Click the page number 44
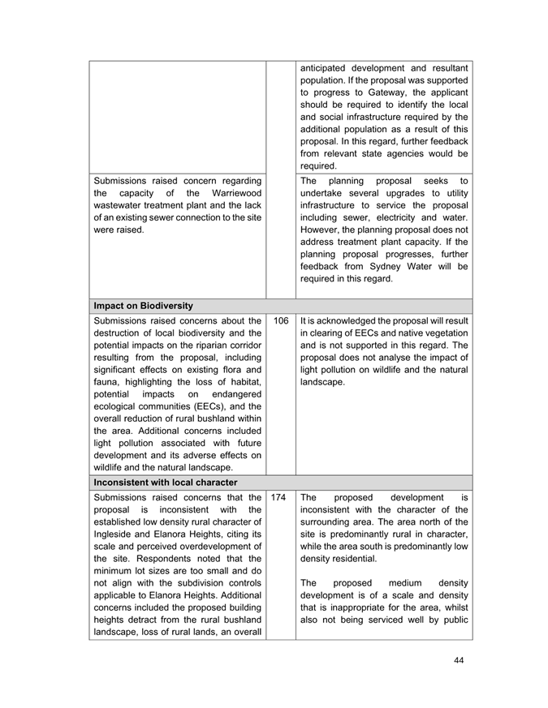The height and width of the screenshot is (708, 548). [459, 660]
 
